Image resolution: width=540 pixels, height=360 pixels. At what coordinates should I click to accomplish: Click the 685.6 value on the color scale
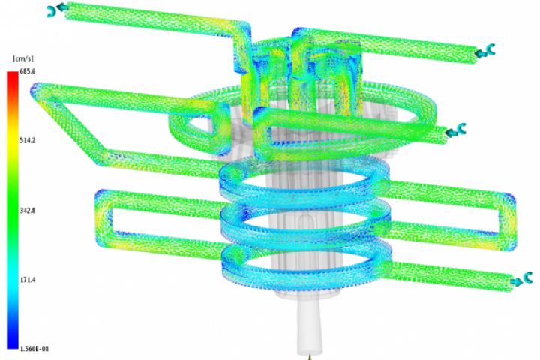point(28,71)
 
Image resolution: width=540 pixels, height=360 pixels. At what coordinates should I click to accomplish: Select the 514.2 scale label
point(28,140)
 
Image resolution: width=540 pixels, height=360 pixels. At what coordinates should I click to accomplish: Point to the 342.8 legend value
point(28,211)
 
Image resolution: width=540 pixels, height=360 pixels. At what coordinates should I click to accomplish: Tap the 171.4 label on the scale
point(28,280)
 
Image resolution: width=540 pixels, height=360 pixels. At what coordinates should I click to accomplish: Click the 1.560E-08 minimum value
point(34,349)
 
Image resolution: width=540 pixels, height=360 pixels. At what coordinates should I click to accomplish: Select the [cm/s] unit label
point(23,59)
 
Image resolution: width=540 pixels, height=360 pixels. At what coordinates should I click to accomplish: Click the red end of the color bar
point(13,75)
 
